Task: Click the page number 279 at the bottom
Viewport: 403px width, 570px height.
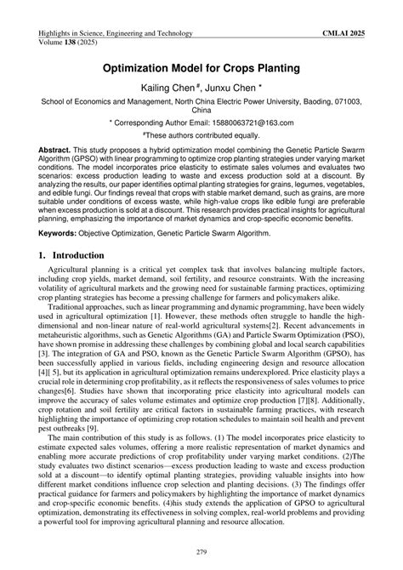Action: [x=201, y=554]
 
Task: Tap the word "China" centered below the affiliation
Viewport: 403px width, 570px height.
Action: [x=201, y=111]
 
